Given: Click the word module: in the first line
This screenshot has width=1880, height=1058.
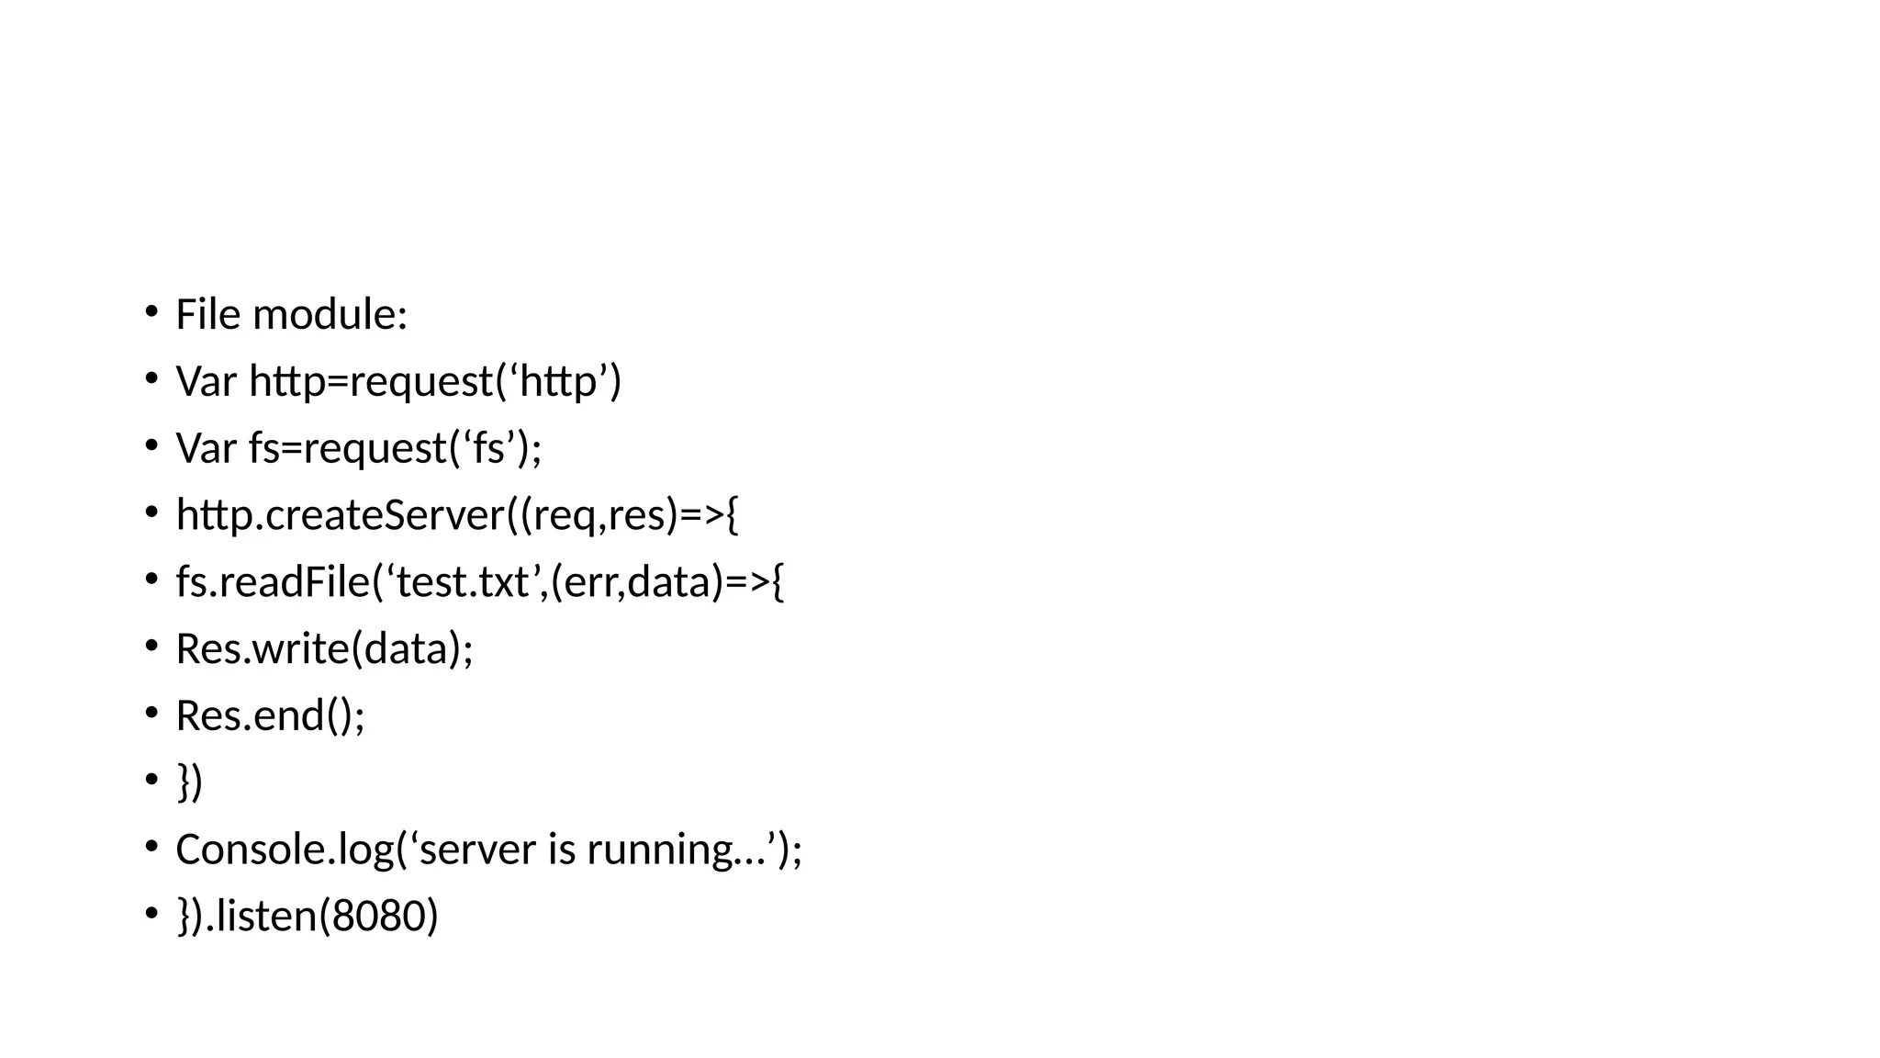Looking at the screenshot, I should [330, 314].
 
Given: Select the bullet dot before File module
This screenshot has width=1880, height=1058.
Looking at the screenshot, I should [151, 310].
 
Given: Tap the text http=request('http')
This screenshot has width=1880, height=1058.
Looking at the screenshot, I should [435, 381].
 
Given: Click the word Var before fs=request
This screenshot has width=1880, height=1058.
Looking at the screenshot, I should [207, 448].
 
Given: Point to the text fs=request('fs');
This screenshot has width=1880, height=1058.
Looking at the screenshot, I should [395, 448].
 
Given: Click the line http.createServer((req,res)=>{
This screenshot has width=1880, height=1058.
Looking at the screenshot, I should [456, 514].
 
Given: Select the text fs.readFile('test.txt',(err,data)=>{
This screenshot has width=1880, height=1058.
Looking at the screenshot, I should [479, 581].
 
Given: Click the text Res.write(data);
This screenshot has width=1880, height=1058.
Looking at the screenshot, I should [324, 648].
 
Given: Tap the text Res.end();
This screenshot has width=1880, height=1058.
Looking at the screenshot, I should [270, 715].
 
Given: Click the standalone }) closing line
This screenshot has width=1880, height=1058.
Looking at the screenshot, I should [189, 782].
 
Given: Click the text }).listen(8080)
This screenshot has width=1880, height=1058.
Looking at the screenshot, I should [308, 917].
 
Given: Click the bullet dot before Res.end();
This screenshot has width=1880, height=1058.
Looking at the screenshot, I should [151, 712].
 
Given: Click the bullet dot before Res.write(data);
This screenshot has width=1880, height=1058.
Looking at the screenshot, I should [151, 645].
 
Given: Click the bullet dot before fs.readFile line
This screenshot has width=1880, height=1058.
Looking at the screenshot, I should [151, 578].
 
